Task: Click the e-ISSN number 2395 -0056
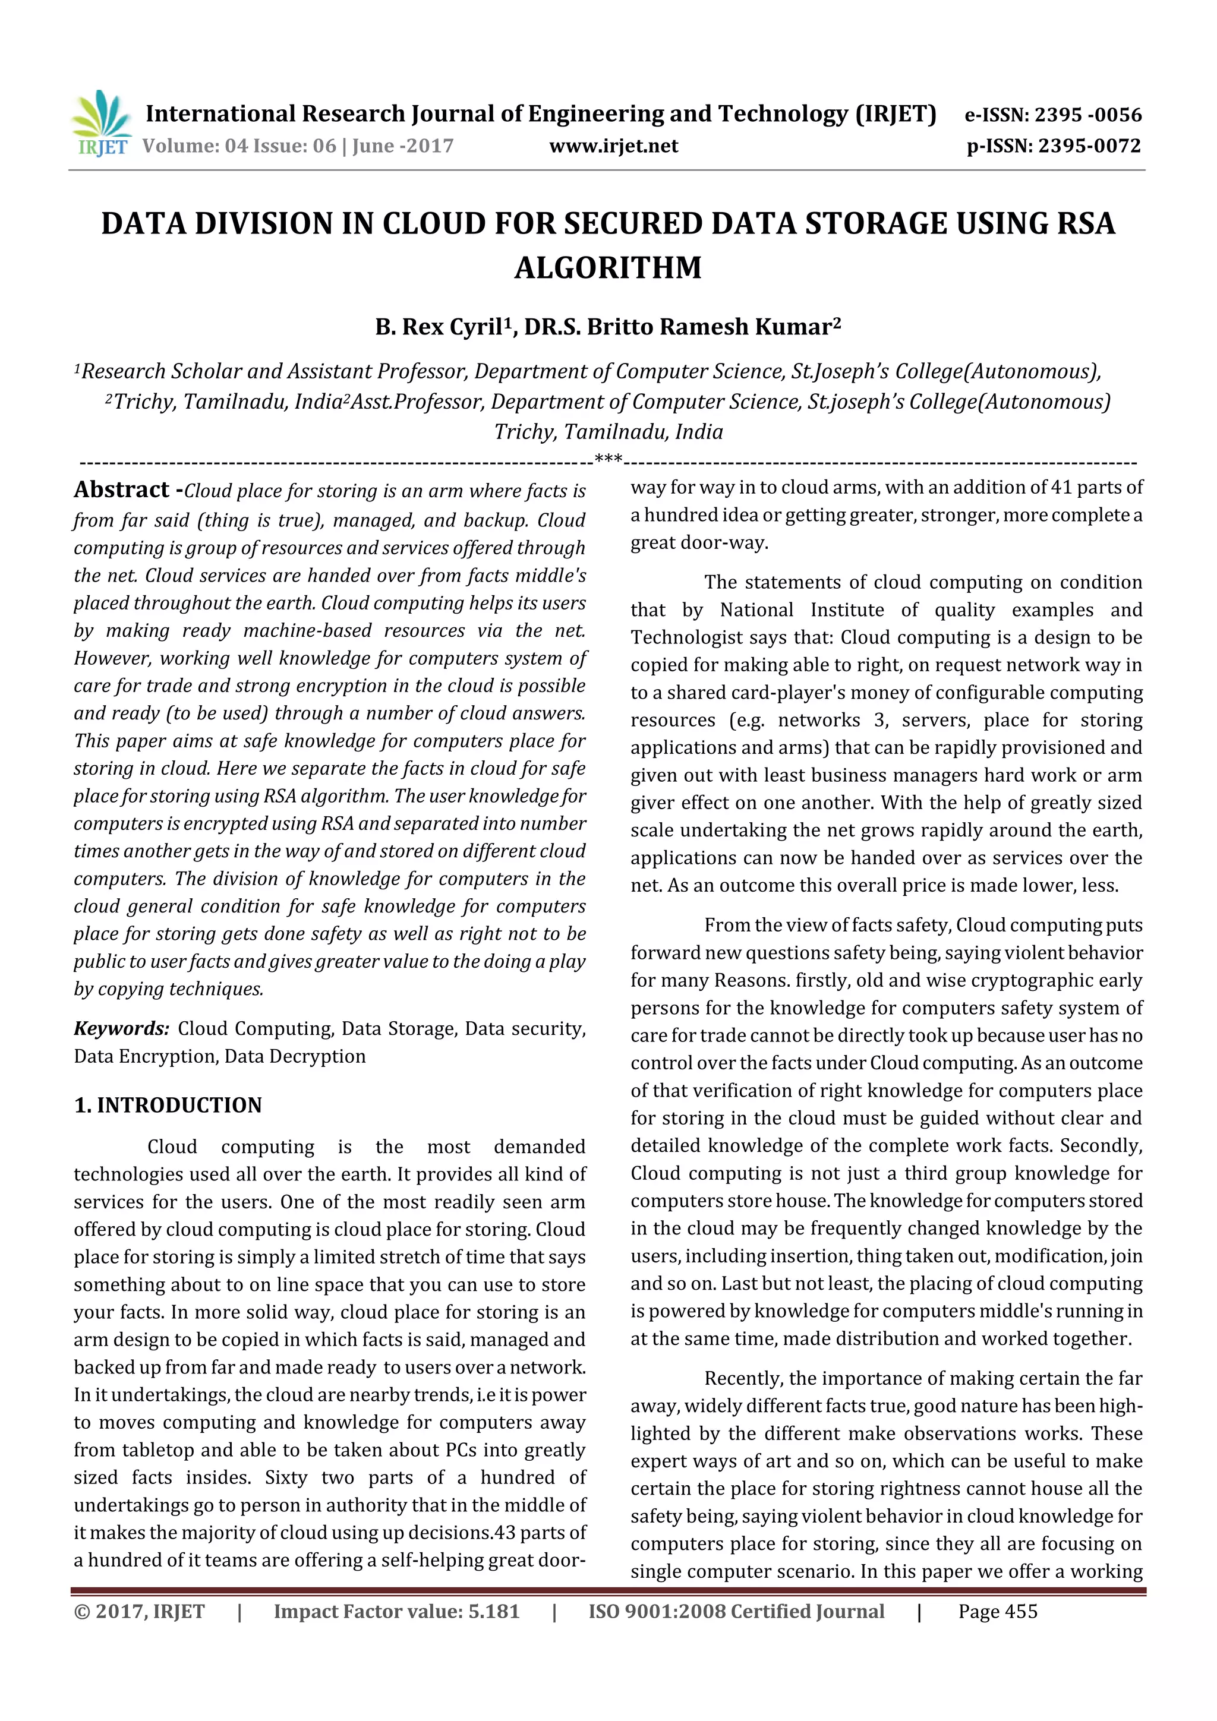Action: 1087,115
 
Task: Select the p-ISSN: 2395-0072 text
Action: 1054,146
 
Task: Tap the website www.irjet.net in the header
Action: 613,146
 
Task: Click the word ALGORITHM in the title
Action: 608,267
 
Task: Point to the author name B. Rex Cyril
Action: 439,327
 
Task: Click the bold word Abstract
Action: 121,490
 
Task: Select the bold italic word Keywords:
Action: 121,1028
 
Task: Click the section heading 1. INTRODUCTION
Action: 168,1106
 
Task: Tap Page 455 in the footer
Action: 997,1612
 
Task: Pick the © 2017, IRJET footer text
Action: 140,1612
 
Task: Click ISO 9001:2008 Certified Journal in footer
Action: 736,1612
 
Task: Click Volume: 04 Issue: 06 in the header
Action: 240,146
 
